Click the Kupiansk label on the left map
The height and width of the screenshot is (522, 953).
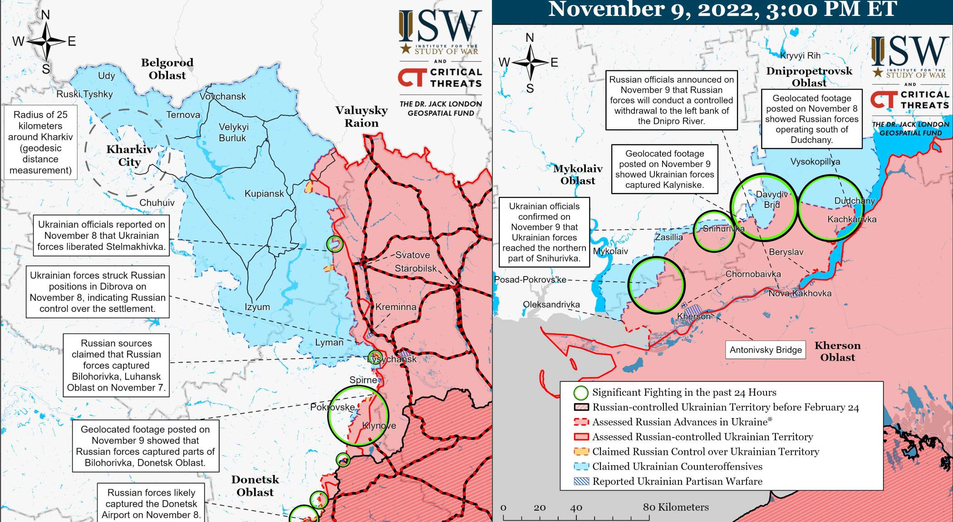pyautogui.click(x=264, y=194)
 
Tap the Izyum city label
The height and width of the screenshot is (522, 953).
pyautogui.click(x=257, y=307)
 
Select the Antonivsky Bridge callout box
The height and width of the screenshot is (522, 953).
pyautogui.click(x=765, y=350)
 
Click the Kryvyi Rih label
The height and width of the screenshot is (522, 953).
pyautogui.click(x=800, y=56)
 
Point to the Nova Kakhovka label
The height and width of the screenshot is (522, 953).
pyautogui.click(x=800, y=294)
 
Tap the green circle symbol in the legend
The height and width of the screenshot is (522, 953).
pyautogui.click(x=581, y=393)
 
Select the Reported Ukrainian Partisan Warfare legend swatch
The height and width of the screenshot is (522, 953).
pyautogui.click(x=581, y=482)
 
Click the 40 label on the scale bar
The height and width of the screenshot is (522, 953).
pyautogui.click(x=576, y=508)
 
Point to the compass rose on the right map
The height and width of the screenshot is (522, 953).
pyautogui.click(x=530, y=62)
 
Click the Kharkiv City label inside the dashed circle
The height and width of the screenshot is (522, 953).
pyautogui.click(x=129, y=156)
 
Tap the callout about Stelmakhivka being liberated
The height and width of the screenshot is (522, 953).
pyautogui.click(x=101, y=236)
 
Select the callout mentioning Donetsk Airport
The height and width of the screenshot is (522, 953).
pyautogui.click(x=151, y=503)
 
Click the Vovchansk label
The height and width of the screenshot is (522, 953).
pyautogui.click(x=222, y=96)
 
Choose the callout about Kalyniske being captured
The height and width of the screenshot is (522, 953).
pyautogui.click(x=664, y=169)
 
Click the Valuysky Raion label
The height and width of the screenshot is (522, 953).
pyautogui.click(x=361, y=117)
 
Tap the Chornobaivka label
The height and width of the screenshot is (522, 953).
pyautogui.click(x=753, y=274)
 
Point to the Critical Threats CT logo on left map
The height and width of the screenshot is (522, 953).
pyautogui.click(x=412, y=78)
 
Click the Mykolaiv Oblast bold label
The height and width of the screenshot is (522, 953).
pyautogui.click(x=578, y=175)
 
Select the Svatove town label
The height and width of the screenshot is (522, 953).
pyautogui.click(x=412, y=255)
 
